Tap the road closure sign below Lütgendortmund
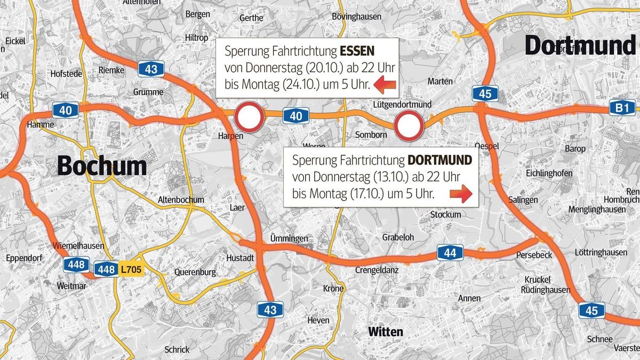(x=409, y=126)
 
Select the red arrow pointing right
(x=460, y=194)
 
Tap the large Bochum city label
(x=102, y=166)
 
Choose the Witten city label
(x=386, y=332)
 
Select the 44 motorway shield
(x=450, y=252)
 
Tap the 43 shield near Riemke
(x=151, y=68)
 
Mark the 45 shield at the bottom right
(x=591, y=310)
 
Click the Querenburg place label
(x=195, y=272)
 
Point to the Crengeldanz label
(x=377, y=270)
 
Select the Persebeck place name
(x=534, y=255)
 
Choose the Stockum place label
(x=445, y=214)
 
